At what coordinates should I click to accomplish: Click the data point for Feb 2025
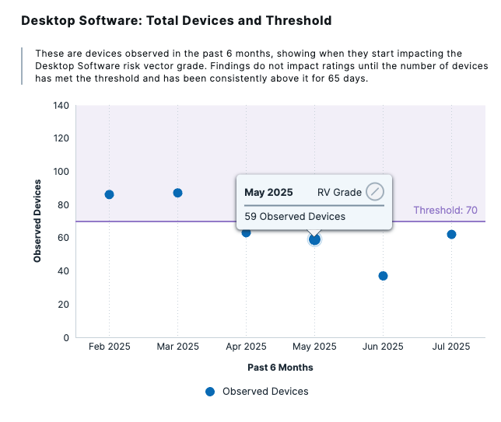coord(109,194)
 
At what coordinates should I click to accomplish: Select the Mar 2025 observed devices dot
coord(177,193)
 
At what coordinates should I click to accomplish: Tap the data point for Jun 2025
coord(383,276)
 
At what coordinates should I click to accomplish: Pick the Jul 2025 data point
coord(451,234)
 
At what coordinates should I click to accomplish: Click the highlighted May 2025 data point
coord(314,239)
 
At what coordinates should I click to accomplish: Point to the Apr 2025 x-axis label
coord(246,347)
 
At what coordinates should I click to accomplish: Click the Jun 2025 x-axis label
coord(383,347)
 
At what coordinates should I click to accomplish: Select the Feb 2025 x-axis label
coord(109,347)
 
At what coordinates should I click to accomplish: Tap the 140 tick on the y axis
coord(61,106)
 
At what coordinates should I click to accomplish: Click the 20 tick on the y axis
coord(64,305)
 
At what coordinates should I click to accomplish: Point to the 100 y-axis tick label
coord(61,172)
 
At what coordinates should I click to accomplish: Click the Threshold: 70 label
coord(445,211)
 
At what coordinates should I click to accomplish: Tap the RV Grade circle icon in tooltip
coord(375,192)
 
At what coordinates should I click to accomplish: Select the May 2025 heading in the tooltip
coord(268,192)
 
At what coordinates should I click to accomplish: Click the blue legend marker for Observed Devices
coord(209,392)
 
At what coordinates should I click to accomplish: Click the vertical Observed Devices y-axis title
coord(37,221)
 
